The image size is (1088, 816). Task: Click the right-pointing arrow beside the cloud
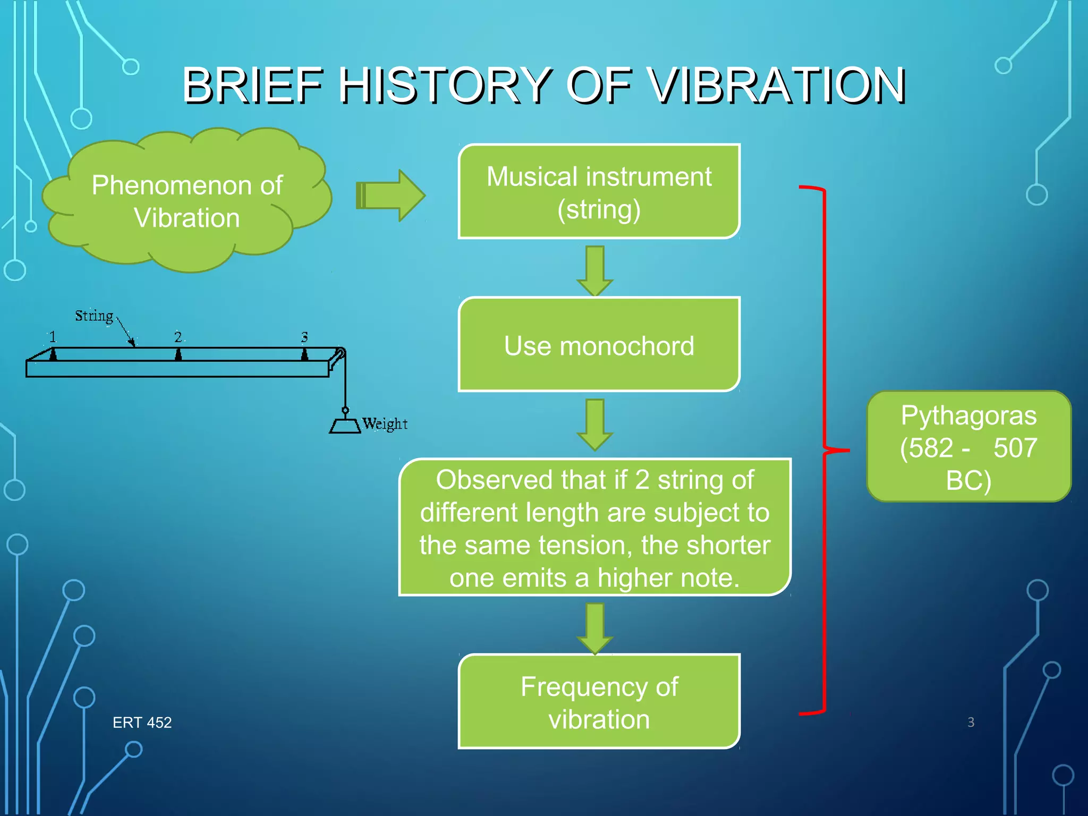pyautogui.click(x=391, y=195)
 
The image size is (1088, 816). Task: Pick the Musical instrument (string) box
pyautogui.click(x=599, y=192)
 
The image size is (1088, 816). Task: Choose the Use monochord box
pyautogui.click(x=599, y=345)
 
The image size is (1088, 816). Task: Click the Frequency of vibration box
pyautogui.click(x=599, y=702)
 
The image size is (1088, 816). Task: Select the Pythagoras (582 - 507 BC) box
pyautogui.click(x=968, y=447)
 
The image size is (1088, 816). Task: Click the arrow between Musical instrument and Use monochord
pyautogui.click(x=595, y=270)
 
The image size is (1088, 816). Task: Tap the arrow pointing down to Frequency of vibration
pyautogui.click(x=595, y=627)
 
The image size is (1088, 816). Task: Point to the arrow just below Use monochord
pyautogui.click(x=595, y=424)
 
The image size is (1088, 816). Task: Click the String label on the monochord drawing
pyautogui.click(x=94, y=316)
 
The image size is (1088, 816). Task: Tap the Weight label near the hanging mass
pyautogui.click(x=385, y=424)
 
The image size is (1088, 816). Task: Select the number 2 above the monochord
pyautogui.click(x=178, y=337)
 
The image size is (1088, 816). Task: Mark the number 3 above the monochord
pyautogui.click(x=304, y=337)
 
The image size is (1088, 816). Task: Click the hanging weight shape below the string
pyautogui.click(x=345, y=425)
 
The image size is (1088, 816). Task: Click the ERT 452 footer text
pyautogui.click(x=142, y=722)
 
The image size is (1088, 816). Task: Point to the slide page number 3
pyautogui.click(x=971, y=722)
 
